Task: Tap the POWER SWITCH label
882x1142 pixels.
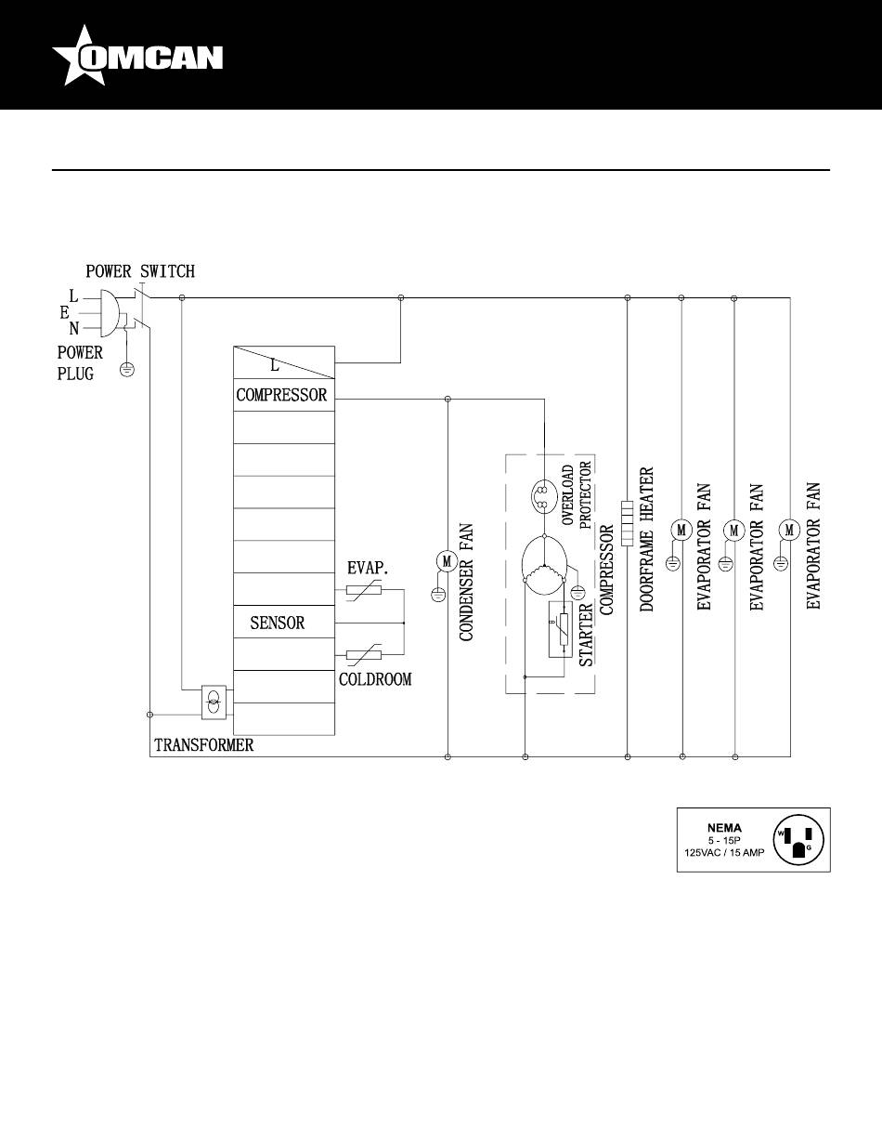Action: [x=140, y=271]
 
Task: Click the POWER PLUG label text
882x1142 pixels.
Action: [x=79, y=364]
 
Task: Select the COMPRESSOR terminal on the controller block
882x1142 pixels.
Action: [x=281, y=395]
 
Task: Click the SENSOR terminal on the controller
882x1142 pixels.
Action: [x=277, y=623]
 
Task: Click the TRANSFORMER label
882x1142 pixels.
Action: [x=203, y=745]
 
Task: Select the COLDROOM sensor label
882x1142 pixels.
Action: [x=374, y=679]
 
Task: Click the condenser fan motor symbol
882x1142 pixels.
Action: [x=447, y=560]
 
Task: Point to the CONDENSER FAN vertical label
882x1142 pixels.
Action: [x=467, y=583]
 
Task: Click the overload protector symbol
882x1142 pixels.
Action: [x=541, y=497]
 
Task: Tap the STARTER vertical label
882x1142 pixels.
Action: [x=587, y=635]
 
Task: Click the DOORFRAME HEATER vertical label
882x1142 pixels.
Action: [x=648, y=539]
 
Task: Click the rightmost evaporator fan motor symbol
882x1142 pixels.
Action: [x=790, y=530]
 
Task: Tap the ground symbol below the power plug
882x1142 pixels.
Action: [x=128, y=370]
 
